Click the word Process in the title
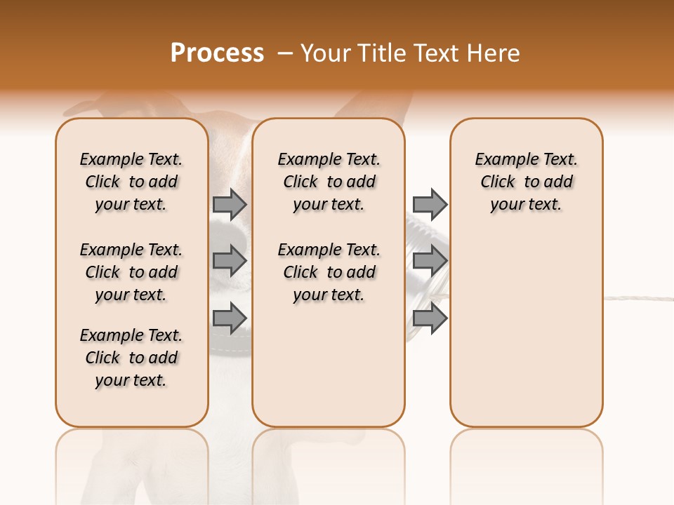[x=217, y=53]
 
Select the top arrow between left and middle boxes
[x=230, y=204]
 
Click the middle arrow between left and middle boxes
[x=230, y=261]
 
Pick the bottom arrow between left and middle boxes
[x=230, y=318]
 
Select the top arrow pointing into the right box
[x=430, y=204]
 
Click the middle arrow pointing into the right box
[x=430, y=261]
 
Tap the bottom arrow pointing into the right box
[x=430, y=318]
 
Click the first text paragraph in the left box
[x=131, y=182]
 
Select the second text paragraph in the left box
[x=131, y=272]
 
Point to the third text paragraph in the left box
[x=131, y=358]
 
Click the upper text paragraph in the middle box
[x=329, y=182]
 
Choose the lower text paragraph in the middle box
[x=329, y=272]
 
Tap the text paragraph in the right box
[x=527, y=182]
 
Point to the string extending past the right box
[x=639, y=298]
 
